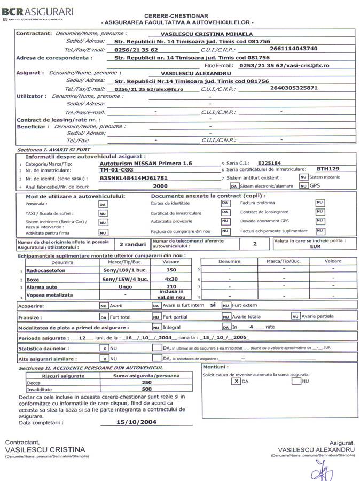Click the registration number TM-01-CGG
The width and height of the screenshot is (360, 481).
click(x=118, y=168)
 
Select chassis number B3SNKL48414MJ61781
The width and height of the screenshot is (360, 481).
click(x=134, y=177)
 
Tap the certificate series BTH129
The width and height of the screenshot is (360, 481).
click(x=327, y=168)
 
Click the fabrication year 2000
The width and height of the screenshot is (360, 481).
click(x=160, y=186)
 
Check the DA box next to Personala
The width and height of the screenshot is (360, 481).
click(x=103, y=204)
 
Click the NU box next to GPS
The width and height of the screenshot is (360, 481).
click(x=303, y=186)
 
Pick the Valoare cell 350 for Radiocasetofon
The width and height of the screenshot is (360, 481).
click(x=171, y=270)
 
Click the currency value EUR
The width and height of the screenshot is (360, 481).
click(x=315, y=247)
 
